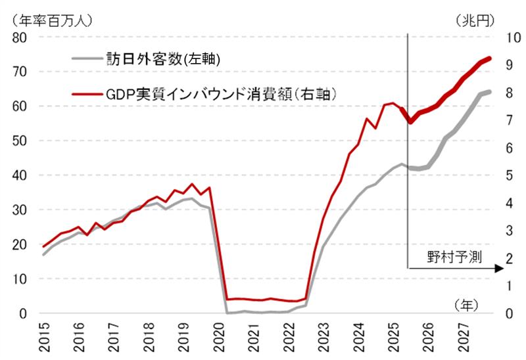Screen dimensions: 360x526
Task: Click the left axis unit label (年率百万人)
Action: [47, 19]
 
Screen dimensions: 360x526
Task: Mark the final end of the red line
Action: [490, 58]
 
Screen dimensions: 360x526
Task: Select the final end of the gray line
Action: [490, 91]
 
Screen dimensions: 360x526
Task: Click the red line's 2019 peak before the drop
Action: [191, 184]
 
